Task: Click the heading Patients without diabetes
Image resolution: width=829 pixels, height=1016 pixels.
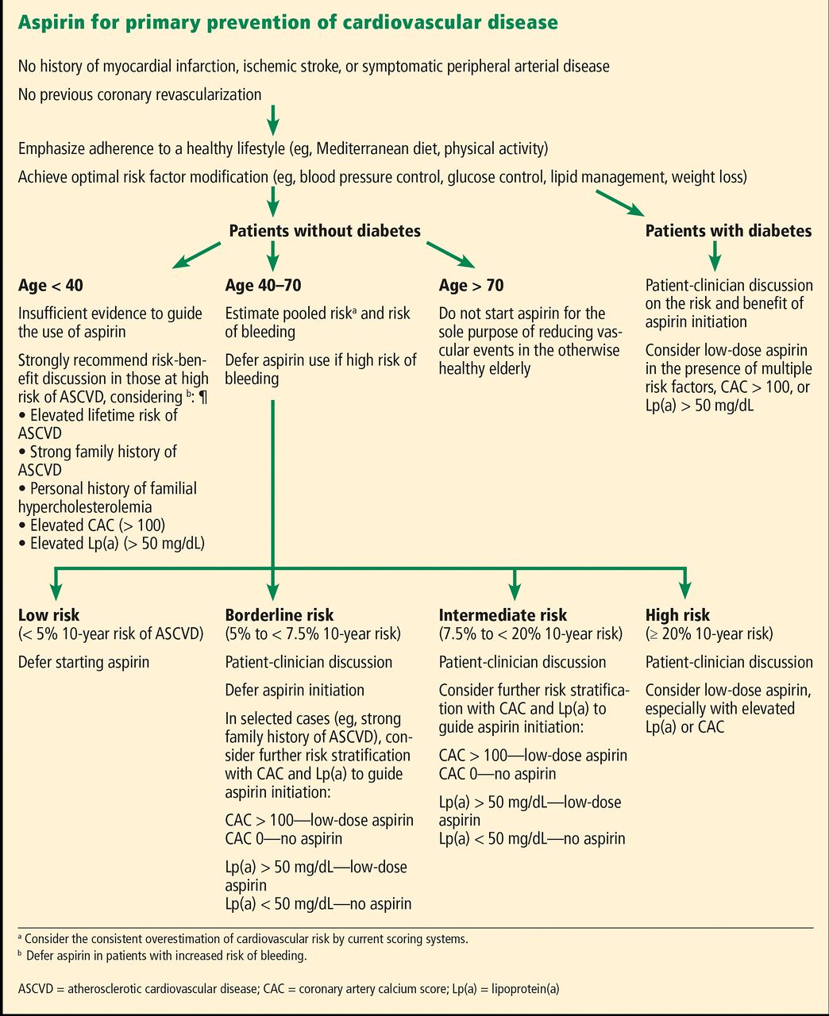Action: click(324, 231)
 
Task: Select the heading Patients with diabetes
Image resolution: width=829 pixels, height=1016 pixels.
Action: click(728, 231)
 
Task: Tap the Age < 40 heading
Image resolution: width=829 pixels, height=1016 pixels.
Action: click(51, 285)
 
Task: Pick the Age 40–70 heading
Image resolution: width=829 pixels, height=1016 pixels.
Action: click(263, 285)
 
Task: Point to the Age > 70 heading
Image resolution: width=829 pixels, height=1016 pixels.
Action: click(471, 285)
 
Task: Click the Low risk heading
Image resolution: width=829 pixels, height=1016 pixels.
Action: click(48, 615)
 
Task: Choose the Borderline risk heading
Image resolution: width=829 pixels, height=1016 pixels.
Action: click(279, 615)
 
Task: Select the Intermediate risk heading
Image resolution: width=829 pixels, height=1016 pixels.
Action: click(503, 615)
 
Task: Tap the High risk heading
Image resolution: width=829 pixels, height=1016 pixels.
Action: click(677, 615)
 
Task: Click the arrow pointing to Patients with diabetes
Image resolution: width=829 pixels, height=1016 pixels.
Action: click(620, 203)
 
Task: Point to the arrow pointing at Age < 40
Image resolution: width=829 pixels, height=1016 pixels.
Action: click(196, 255)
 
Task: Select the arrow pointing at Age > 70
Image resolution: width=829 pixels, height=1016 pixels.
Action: click(451, 255)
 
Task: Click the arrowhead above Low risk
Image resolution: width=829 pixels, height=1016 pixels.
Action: click(56, 591)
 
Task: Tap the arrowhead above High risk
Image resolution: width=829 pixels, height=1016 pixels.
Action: click(685, 591)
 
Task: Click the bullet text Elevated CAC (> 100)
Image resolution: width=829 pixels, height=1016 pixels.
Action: click(91, 525)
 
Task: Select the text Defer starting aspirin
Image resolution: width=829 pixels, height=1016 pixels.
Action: click(84, 663)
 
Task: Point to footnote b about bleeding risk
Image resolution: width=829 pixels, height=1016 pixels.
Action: click(163, 956)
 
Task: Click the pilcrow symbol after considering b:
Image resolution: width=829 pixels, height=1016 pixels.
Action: click(203, 398)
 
